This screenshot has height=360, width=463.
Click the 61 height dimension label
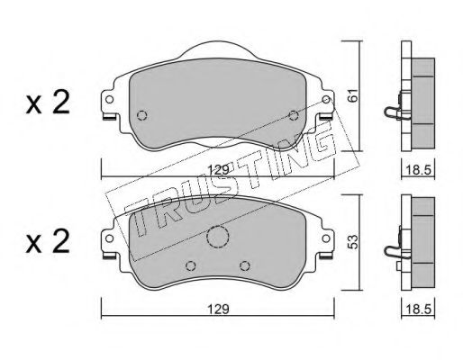point(354,94)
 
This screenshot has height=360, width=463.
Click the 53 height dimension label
point(353,242)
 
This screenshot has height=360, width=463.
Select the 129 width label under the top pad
point(219,170)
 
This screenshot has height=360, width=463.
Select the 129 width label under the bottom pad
point(219,309)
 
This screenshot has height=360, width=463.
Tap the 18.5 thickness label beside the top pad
point(418,170)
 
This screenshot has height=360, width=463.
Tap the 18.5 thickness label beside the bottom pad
point(418,309)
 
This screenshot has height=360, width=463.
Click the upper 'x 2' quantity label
point(48,103)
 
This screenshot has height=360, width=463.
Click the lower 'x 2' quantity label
point(48,241)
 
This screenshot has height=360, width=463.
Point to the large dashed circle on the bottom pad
point(218,237)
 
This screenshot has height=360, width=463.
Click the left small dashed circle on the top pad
point(141,115)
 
